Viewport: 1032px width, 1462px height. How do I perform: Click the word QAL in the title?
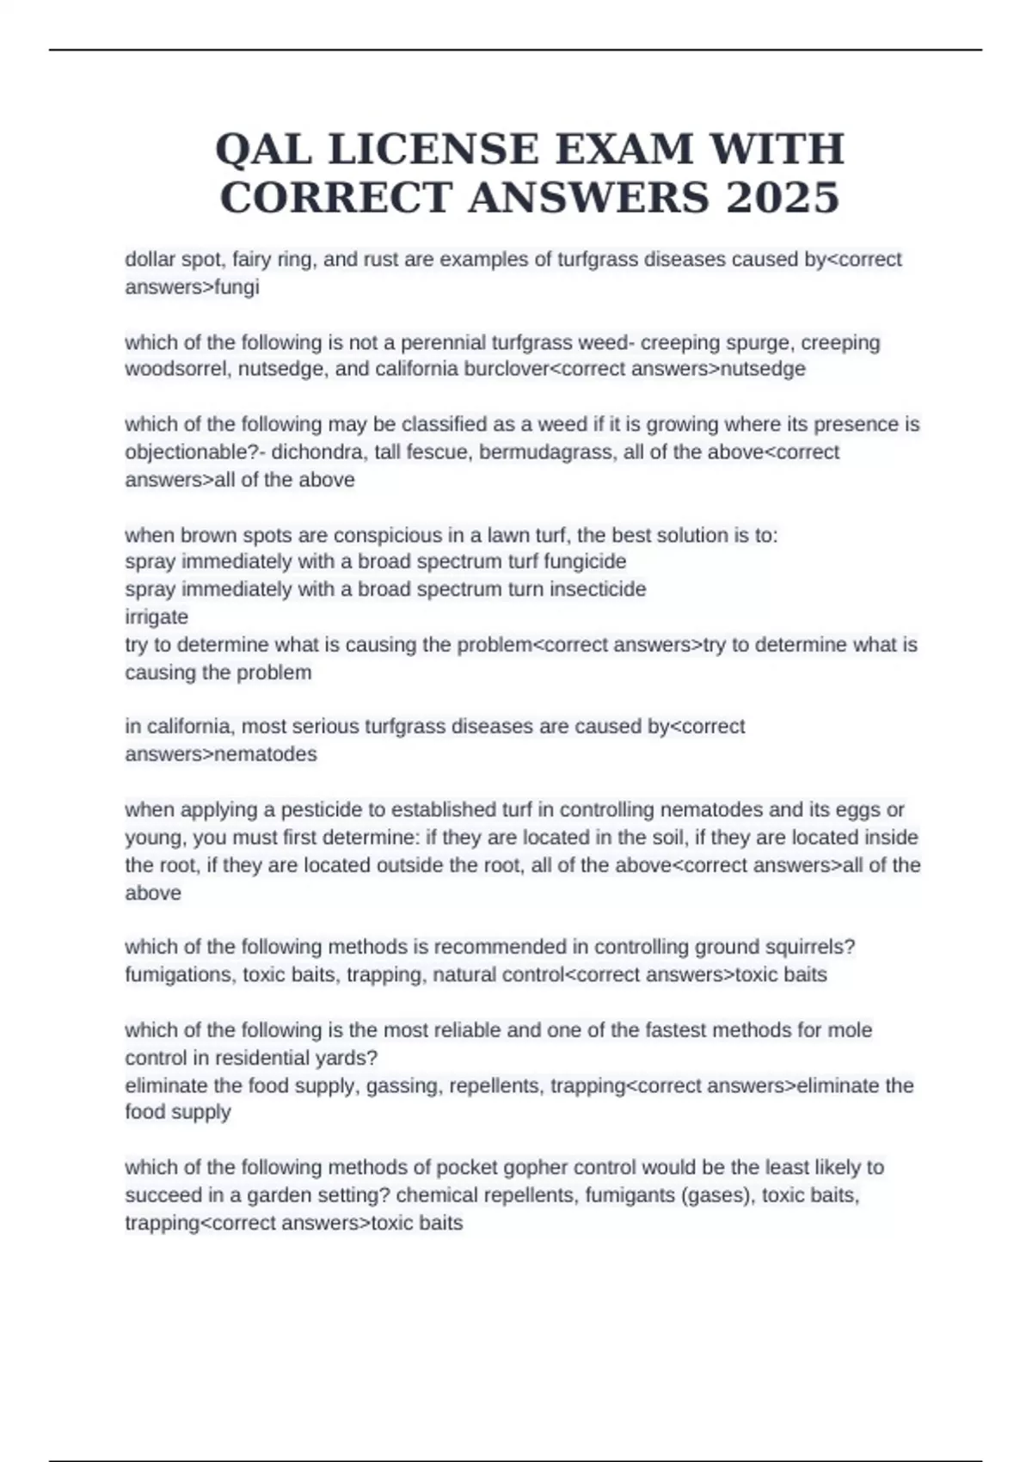pos(263,149)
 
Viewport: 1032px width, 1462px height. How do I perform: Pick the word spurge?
pos(760,342)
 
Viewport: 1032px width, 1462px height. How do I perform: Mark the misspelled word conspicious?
pos(387,535)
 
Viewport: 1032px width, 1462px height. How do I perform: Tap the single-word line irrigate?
pos(157,617)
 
